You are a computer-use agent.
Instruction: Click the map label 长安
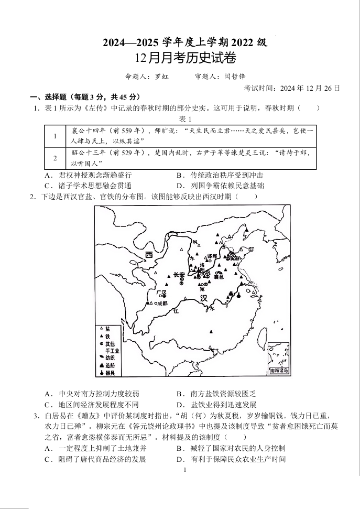point(179,275)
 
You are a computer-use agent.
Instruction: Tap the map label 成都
point(161,303)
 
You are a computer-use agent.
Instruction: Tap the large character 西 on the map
point(149,255)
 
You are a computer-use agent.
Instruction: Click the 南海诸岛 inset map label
point(278,370)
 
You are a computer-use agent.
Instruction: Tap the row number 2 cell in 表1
point(54,158)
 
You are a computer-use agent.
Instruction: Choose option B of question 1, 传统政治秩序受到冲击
point(220,175)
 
